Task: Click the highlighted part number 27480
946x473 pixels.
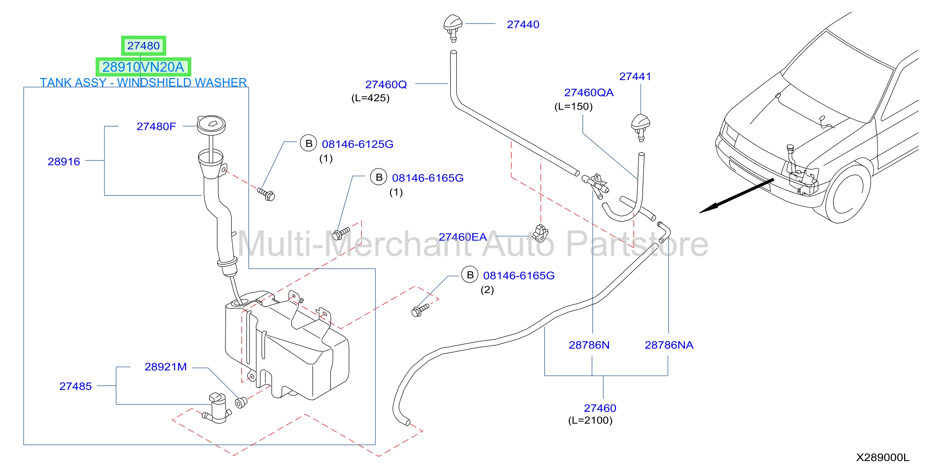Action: pyautogui.click(x=143, y=46)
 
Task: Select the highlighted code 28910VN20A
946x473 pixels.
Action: pyautogui.click(x=143, y=67)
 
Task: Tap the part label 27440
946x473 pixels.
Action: pyautogui.click(x=523, y=25)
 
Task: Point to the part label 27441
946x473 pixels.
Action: pyautogui.click(x=635, y=76)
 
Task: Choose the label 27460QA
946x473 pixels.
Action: pyautogui.click(x=589, y=92)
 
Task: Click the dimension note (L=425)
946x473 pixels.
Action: pyautogui.click(x=370, y=98)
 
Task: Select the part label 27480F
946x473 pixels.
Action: pyautogui.click(x=156, y=127)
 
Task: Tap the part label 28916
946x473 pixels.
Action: pyautogui.click(x=64, y=162)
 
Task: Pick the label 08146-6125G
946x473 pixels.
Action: pyautogui.click(x=357, y=144)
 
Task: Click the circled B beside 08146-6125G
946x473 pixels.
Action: pyautogui.click(x=309, y=143)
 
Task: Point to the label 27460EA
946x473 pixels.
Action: pyautogui.click(x=463, y=237)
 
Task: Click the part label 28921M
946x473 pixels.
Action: pyautogui.click(x=165, y=367)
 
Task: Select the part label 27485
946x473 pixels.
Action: pyautogui.click(x=75, y=386)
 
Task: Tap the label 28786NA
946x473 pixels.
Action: pyautogui.click(x=669, y=345)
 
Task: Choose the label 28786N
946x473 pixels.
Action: pyautogui.click(x=589, y=345)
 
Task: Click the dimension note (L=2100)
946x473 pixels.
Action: pyautogui.click(x=590, y=420)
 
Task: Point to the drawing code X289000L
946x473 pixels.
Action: pyautogui.click(x=883, y=458)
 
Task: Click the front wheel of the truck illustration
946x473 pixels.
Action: pyautogui.click(x=847, y=193)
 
